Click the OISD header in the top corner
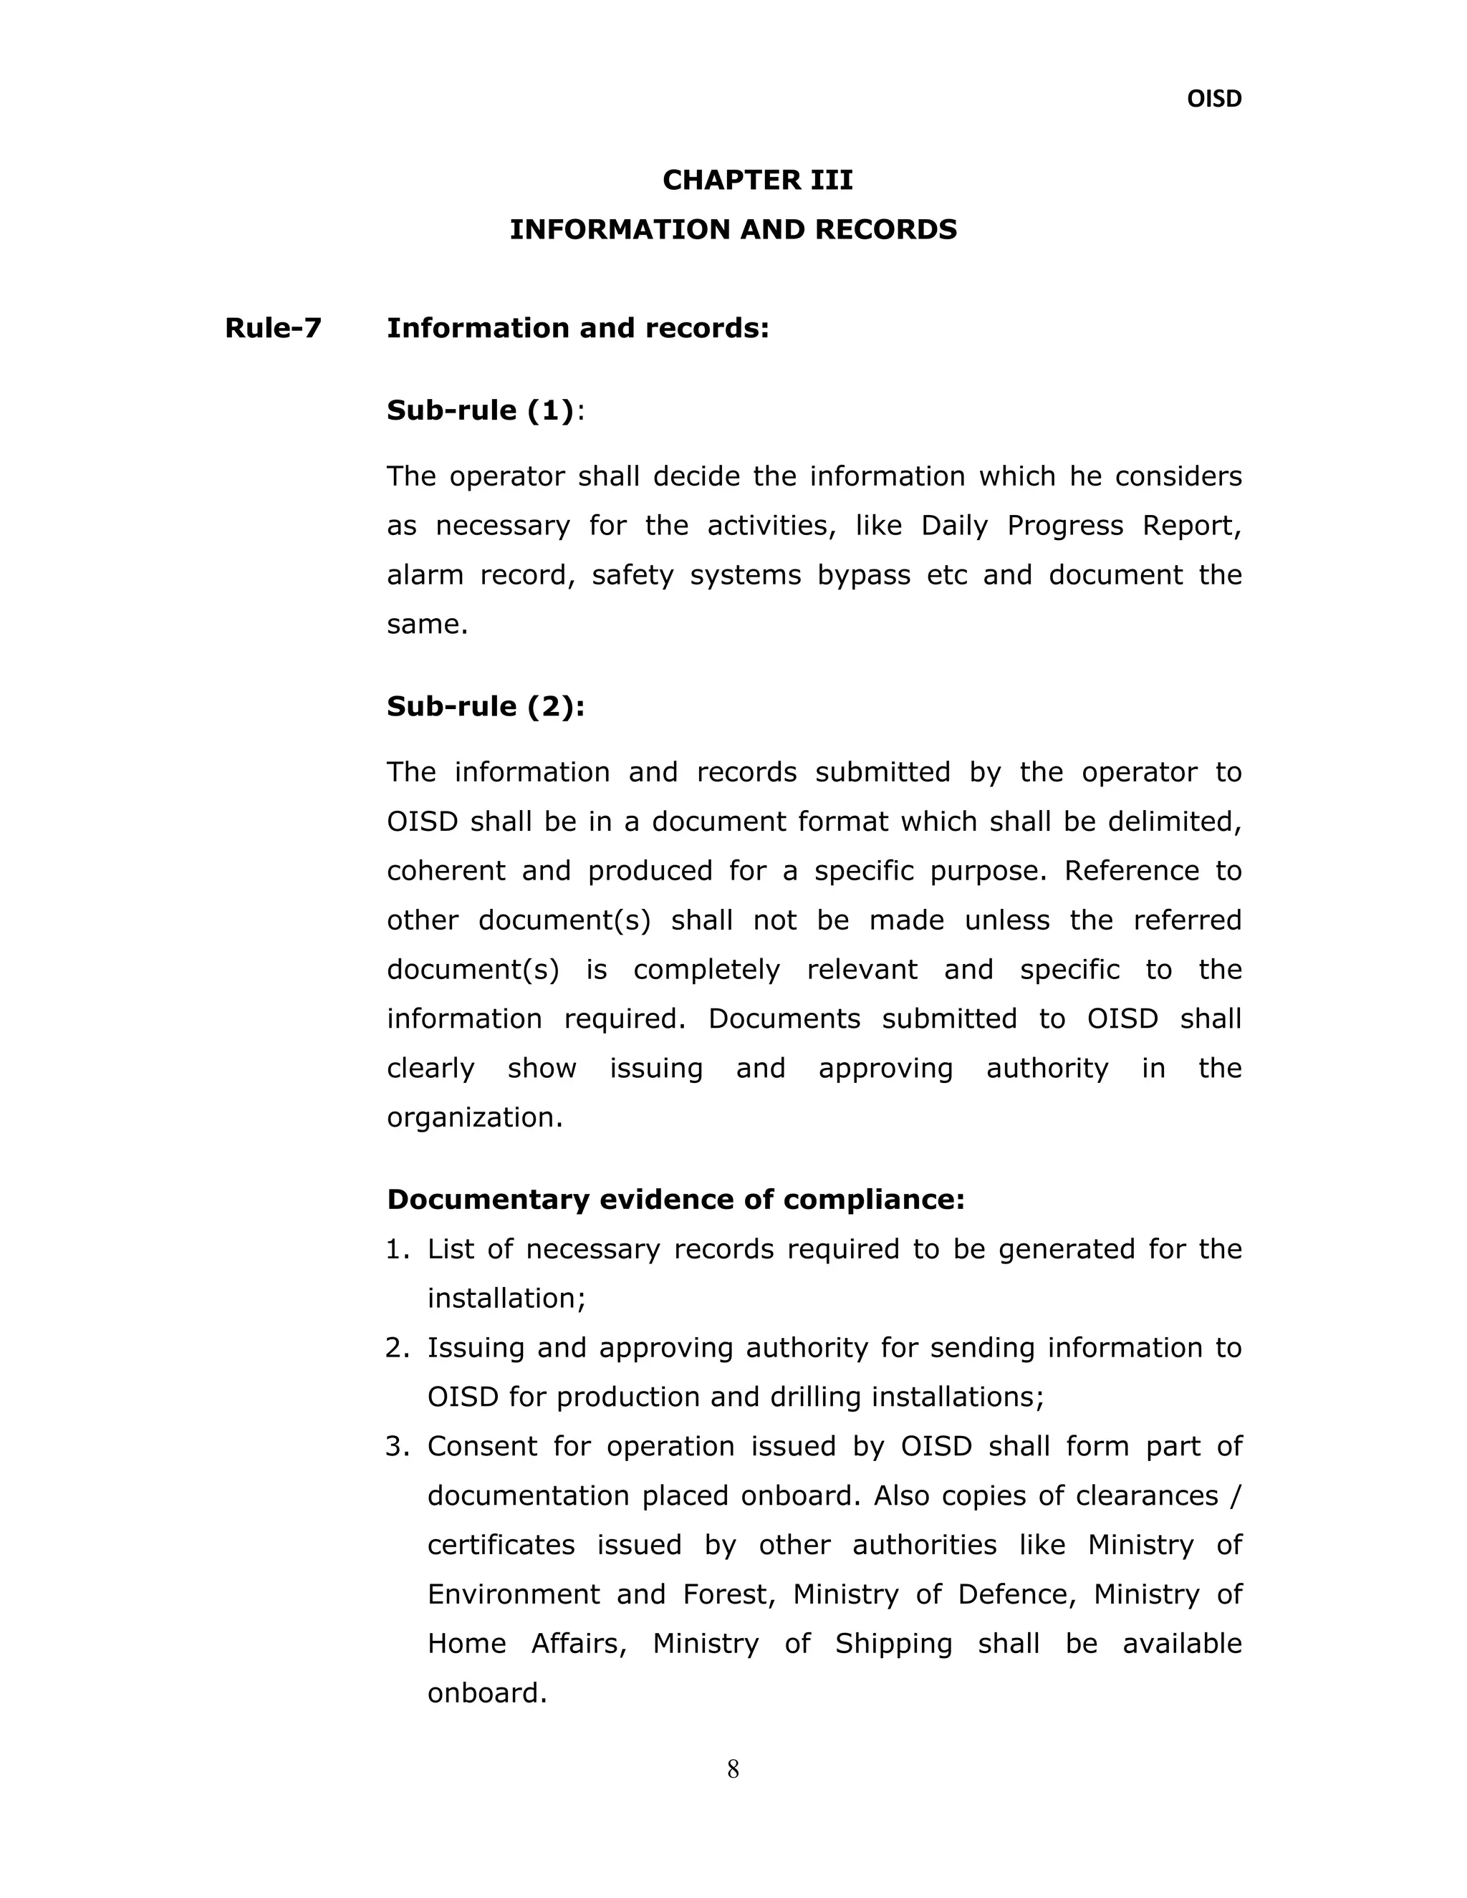point(1213,99)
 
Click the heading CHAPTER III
point(757,180)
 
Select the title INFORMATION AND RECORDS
point(733,229)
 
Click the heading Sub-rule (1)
point(481,410)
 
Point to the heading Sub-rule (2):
point(485,706)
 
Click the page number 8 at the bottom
point(733,1769)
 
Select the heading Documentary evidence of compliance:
point(675,1199)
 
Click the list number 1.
point(396,1250)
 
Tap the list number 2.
point(396,1348)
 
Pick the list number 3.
point(396,1446)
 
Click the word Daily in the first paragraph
point(954,526)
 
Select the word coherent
point(446,871)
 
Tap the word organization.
point(474,1117)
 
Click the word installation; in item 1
point(506,1299)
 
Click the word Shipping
point(893,1643)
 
